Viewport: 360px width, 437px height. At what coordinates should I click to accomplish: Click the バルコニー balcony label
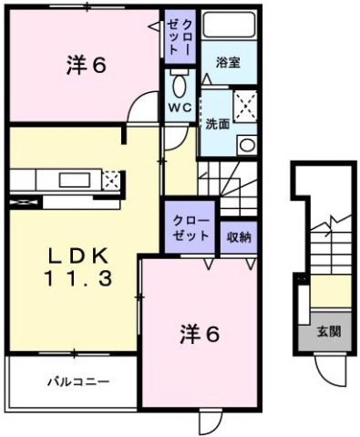tap(78, 381)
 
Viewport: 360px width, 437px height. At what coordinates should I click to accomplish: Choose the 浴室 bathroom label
tap(228, 61)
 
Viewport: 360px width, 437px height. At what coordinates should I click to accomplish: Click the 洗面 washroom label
tap(217, 124)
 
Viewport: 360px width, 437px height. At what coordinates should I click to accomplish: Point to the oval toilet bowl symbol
tap(178, 85)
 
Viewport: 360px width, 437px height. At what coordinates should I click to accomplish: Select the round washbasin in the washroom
tap(246, 144)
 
